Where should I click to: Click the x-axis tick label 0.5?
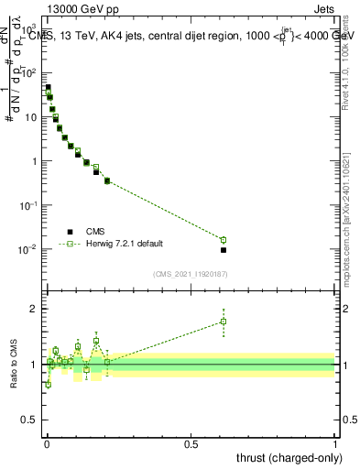tap(191, 444)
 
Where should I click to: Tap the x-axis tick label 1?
tap(335, 444)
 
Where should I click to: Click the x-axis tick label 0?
tap(47, 444)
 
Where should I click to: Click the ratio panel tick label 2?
tap(35, 309)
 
